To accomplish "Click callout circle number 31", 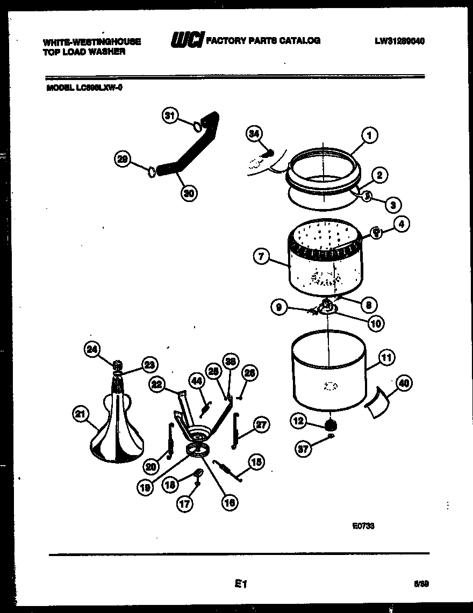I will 170,116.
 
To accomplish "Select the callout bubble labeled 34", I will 255,134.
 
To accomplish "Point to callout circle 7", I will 261,257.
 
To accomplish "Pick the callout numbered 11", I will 386,357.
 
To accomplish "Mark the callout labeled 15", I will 256,461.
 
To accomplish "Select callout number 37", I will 303,449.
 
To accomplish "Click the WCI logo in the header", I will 187,40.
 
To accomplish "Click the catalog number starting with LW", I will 400,41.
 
